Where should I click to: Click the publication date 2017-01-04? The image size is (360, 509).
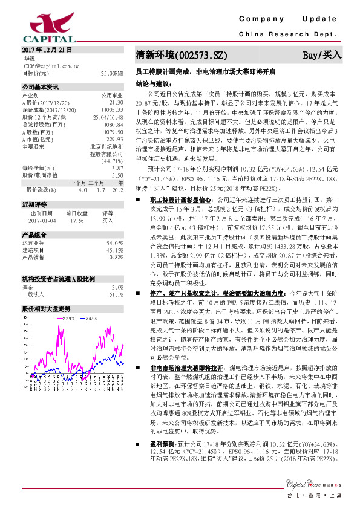(x=42, y=221)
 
